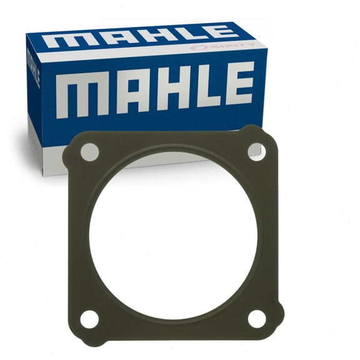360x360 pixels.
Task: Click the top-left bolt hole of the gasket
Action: tap(89, 152)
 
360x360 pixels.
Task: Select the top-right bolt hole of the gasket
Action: tap(256, 150)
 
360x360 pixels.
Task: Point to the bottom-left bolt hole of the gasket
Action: tap(89, 319)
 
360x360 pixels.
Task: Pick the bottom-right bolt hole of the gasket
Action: tap(257, 318)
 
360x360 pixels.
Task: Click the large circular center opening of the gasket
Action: tap(173, 234)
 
